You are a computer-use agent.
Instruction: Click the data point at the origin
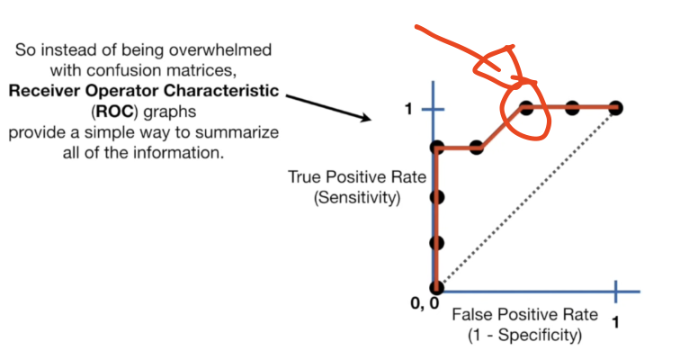point(436,287)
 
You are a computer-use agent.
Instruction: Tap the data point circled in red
point(526,109)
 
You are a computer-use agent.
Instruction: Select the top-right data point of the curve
point(616,108)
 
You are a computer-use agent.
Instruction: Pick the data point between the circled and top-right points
point(571,108)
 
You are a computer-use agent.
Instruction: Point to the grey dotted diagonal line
point(526,198)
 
